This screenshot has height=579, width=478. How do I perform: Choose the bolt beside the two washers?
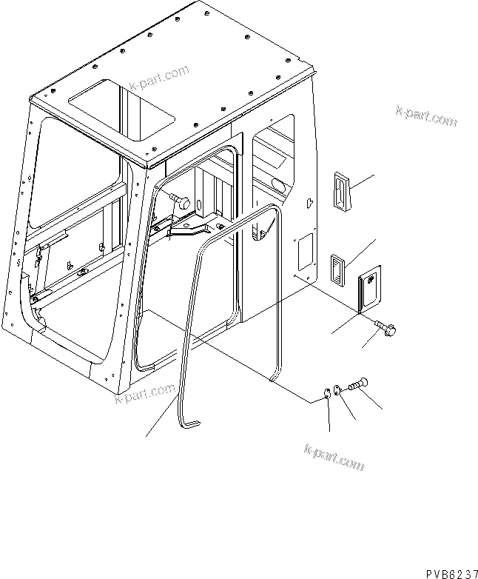click(358, 385)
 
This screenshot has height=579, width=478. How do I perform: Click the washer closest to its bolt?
click(337, 389)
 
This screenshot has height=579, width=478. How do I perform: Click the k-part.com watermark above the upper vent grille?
click(425, 115)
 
